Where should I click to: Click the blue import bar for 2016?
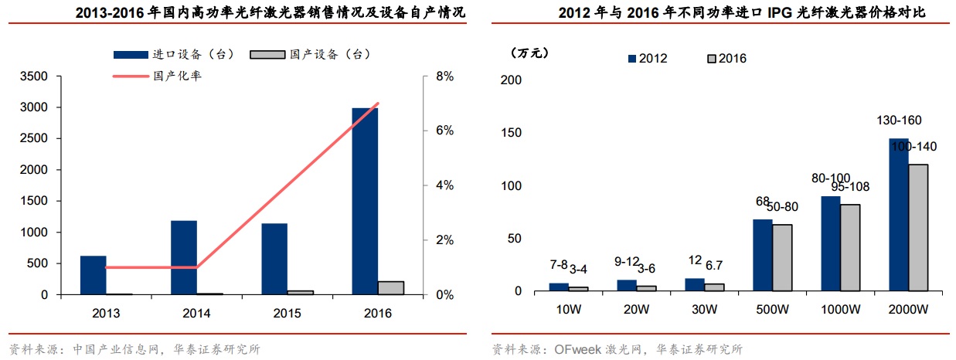click(365, 201)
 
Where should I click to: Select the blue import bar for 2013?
click(93, 275)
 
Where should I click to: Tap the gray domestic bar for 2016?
click(391, 287)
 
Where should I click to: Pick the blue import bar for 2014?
click(184, 257)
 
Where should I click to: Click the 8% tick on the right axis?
click(445, 76)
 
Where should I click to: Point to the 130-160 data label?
click(898, 121)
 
